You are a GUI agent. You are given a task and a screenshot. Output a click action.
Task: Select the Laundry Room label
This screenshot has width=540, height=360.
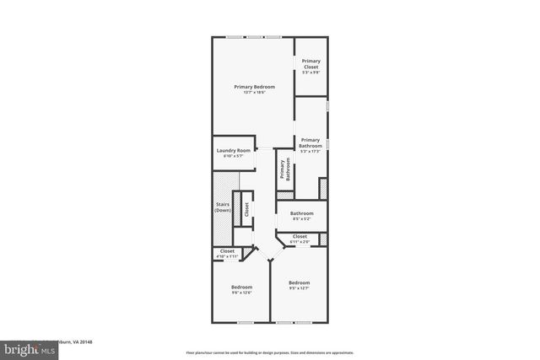pyautogui.click(x=233, y=150)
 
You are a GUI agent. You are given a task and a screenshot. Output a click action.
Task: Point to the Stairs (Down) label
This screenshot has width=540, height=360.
pyautogui.click(x=222, y=207)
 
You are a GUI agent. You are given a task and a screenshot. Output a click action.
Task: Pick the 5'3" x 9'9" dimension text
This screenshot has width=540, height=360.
pyautogui.click(x=310, y=73)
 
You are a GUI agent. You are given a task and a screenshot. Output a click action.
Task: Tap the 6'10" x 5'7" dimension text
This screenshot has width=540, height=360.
pyautogui.click(x=233, y=157)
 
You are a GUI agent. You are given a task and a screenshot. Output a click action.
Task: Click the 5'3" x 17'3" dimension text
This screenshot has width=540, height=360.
pyautogui.click(x=310, y=152)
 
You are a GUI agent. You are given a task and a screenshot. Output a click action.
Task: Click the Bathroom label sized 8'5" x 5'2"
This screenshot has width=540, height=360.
pyautogui.click(x=302, y=213)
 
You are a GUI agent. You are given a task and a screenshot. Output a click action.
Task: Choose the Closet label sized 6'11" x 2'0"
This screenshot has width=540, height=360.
pyautogui.click(x=300, y=237)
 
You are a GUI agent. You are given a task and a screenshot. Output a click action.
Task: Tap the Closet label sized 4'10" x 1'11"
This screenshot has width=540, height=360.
pyautogui.click(x=227, y=250)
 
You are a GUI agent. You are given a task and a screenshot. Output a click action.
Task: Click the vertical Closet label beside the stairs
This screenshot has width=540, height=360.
pyautogui.click(x=246, y=210)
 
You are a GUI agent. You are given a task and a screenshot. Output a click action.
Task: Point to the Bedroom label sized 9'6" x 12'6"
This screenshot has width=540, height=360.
pyautogui.click(x=242, y=287)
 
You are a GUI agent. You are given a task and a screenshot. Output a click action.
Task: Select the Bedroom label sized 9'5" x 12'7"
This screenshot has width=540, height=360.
pyautogui.click(x=299, y=282)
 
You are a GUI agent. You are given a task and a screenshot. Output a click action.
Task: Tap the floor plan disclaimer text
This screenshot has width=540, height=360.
pyautogui.click(x=270, y=352)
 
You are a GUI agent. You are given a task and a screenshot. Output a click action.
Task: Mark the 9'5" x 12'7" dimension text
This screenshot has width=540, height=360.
pyautogui.click(x=299, y=288)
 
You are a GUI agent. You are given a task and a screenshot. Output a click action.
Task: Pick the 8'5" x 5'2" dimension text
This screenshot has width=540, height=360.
pyautogui.click(x=302, y=220)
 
